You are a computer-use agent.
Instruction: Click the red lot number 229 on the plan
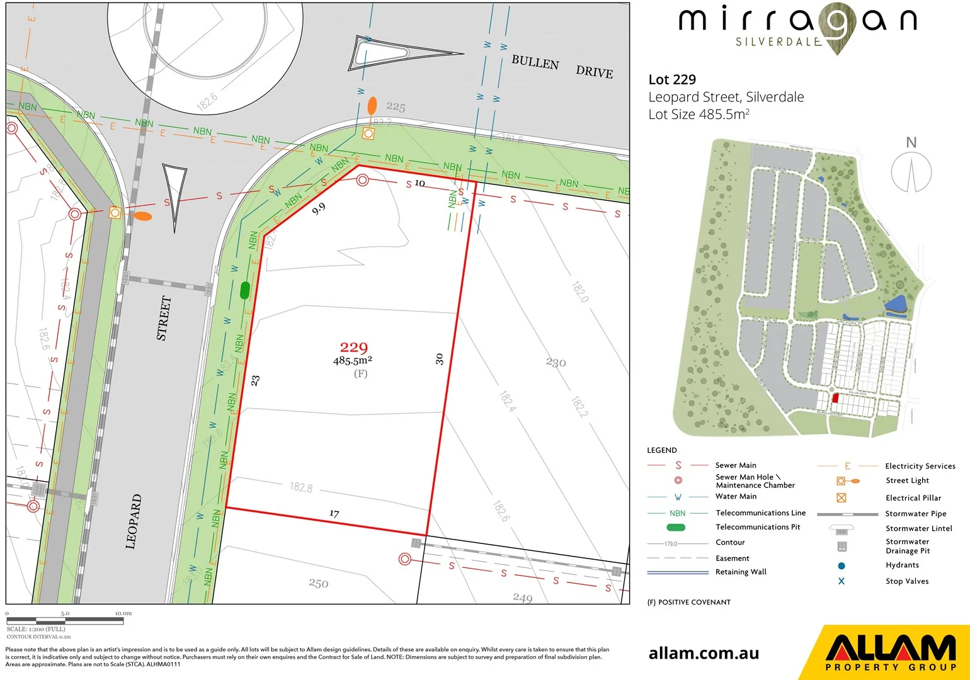[x=353, y=347]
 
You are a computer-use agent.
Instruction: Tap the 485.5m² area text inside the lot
[x=352, y=361]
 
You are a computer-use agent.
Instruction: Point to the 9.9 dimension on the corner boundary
[x=319, y=209]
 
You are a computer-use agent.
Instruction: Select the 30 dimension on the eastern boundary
[x=439, y=359]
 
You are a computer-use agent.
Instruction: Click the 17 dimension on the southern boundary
[x=334, y=514]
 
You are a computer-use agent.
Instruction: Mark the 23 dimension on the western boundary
[x=255, y=380]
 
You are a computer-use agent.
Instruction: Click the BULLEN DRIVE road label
[x=561, y=67]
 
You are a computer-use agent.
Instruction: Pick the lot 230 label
[x=556, y=363]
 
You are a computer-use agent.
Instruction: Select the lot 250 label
[x=318, y=584]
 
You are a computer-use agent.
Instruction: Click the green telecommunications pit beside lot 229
[x=245, y=290]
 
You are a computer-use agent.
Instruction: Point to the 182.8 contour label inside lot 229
[x=301, y=487]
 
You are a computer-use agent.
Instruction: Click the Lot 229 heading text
[x=672, y=79]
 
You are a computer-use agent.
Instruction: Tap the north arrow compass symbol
[x=911, y=170]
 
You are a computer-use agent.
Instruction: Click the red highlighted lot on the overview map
[x=835, y=398]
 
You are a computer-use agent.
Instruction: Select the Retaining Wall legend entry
[x=741, y=572]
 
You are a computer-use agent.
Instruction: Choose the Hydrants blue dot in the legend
[x=842, y=565]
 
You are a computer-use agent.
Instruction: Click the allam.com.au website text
[x=704, y=654]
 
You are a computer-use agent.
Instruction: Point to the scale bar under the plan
[x=65, y=621]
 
